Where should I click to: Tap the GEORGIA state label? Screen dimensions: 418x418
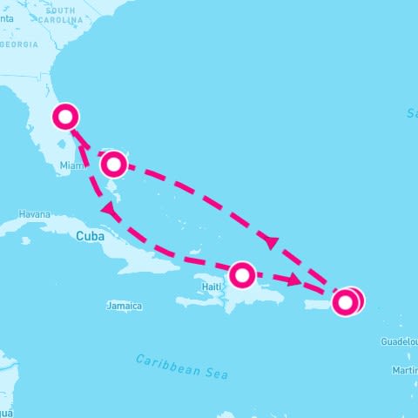tap(20, 44)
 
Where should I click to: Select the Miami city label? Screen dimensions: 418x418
tap(71, 165)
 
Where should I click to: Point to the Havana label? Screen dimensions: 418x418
tap(36, 213)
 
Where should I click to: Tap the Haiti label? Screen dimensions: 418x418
tap(212, 286)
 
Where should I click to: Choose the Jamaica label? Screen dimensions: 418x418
tap(123, 307)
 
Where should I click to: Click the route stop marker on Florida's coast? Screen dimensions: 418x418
tap(66, 116)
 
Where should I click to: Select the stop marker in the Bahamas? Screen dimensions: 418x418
tap(113, 164)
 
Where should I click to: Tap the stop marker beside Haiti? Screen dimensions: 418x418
tap(242, 275)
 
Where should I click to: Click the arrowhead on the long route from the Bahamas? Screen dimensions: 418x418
tap(273, 243)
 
